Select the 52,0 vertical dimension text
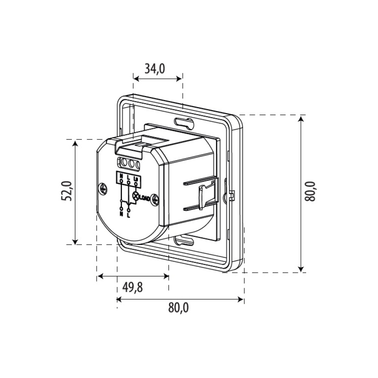pyautogui.click(x=66, y=191)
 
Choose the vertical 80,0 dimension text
pyautogui.click(x=310, y=192)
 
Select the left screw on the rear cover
pyautogui.click(x=104, y=188)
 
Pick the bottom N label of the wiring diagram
pyautogui.click(x=121, y=213)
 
